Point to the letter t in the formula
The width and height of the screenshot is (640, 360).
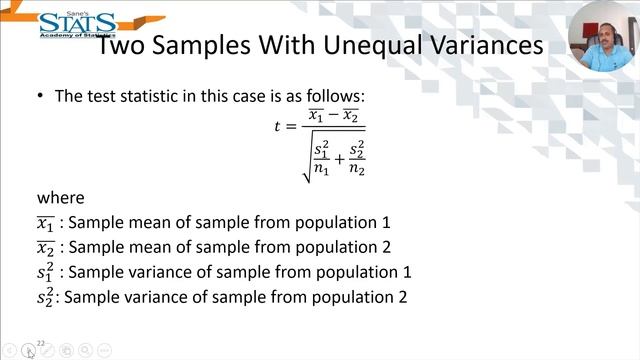tap(277, 126)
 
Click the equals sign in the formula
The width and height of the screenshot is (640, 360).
tap(293, 126)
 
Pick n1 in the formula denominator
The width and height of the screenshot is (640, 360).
tap(321, 169)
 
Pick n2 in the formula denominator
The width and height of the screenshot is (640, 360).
tap(356, 169)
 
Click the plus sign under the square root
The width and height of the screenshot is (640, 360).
tap(338, 159)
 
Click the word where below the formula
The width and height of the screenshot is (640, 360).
tap(60, 197)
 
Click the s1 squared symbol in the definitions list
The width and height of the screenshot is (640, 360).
tap(45, 271)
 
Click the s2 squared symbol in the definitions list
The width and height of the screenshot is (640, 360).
tap(45, 296)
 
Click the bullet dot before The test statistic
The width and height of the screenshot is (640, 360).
tap(41, 96)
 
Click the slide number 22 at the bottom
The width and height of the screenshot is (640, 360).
tap(41, 343)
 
